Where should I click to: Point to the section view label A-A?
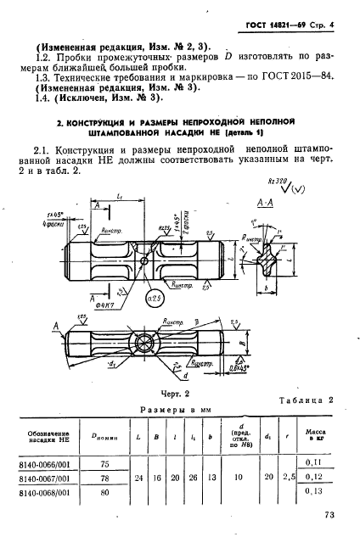[265, 227]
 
